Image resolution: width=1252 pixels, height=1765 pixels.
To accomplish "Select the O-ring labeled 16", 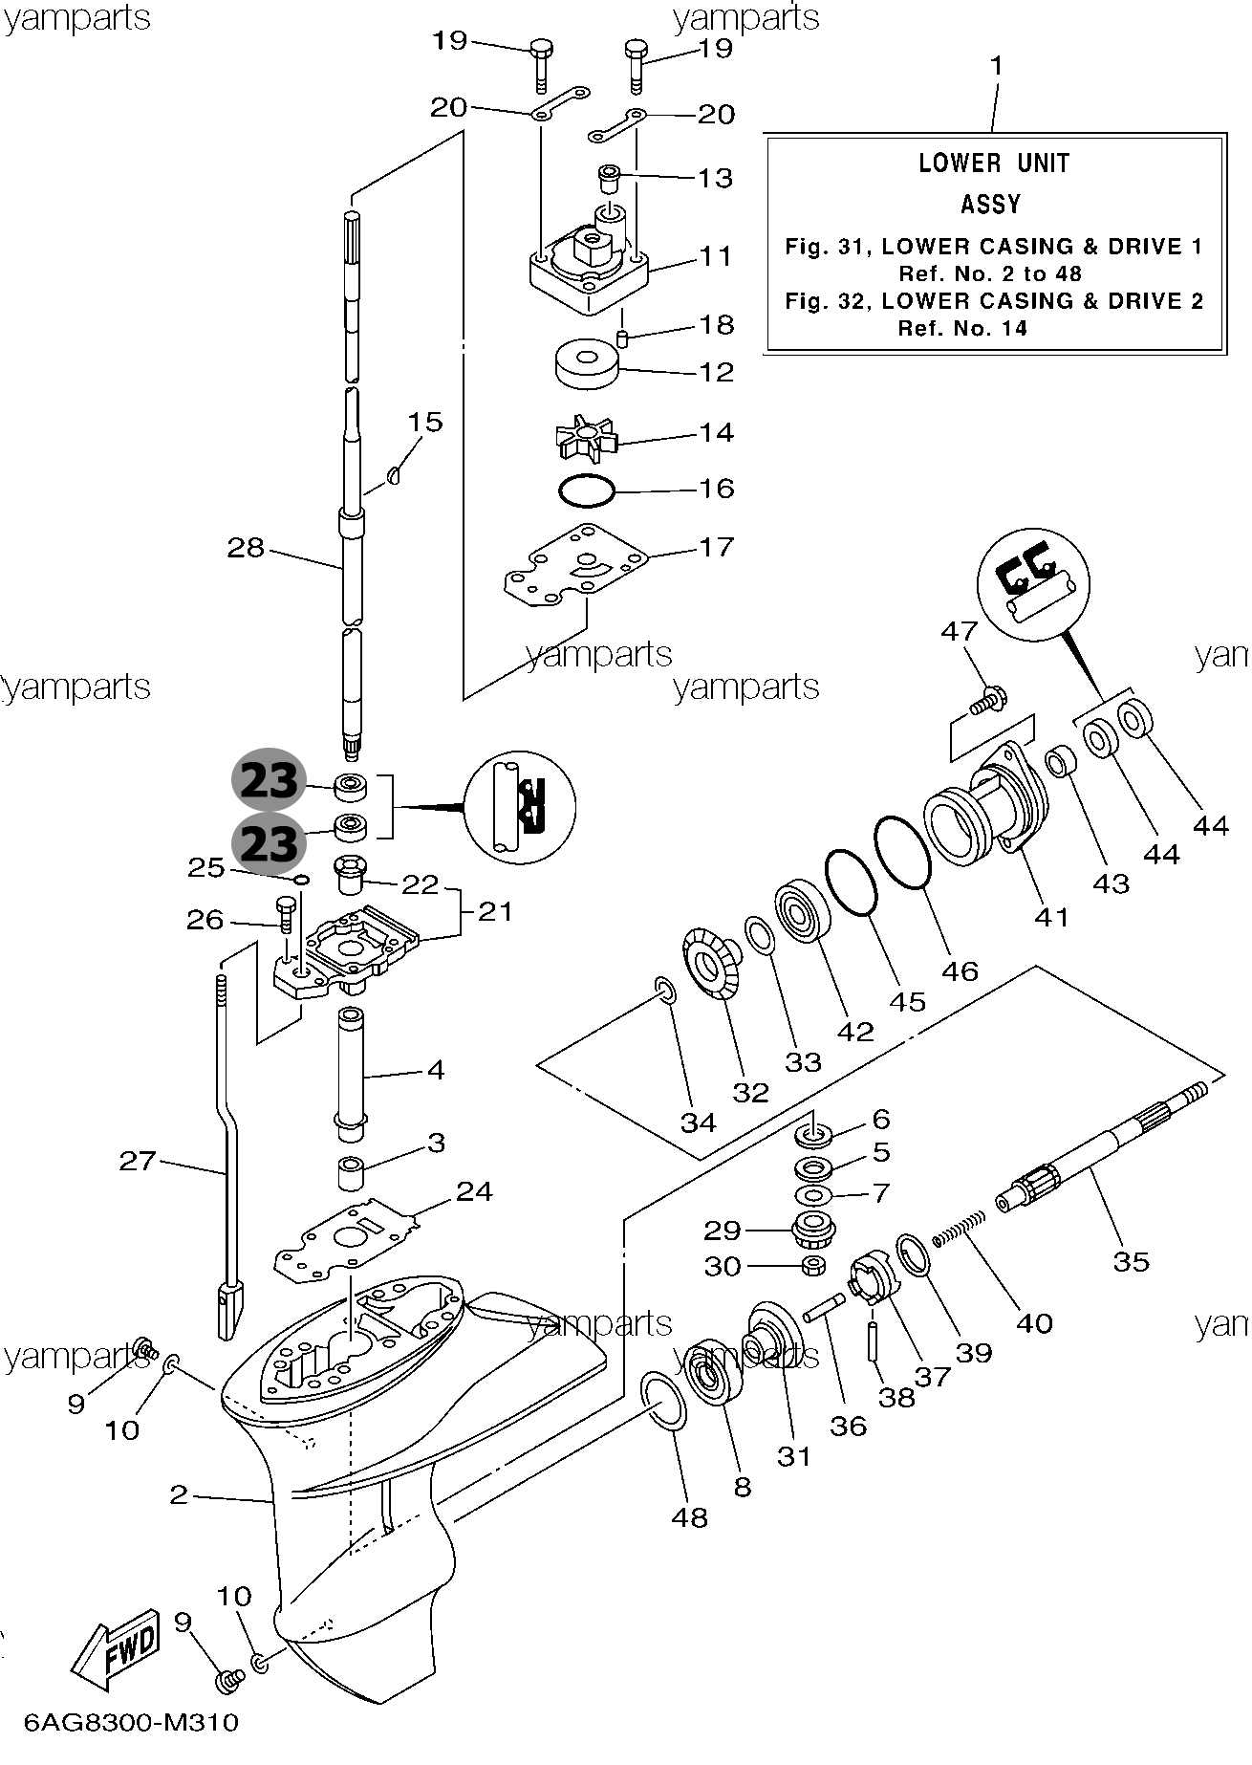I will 585,492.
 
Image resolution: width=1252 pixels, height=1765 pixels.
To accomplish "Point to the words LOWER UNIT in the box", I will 993,163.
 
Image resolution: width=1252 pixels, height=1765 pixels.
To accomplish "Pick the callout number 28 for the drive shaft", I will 246,549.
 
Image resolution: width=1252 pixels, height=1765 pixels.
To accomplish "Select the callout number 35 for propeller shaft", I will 1132,1261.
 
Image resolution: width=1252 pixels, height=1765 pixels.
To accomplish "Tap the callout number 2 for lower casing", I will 179,1493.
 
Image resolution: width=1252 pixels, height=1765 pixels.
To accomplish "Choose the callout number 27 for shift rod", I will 138,1161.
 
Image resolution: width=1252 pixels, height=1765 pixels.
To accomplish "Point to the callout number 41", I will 1051,916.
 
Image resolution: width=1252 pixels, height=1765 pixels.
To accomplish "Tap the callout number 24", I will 474,1191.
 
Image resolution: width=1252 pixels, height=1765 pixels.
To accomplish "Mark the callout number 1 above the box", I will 997,66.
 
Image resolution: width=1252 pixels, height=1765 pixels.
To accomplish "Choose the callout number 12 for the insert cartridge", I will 716,371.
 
